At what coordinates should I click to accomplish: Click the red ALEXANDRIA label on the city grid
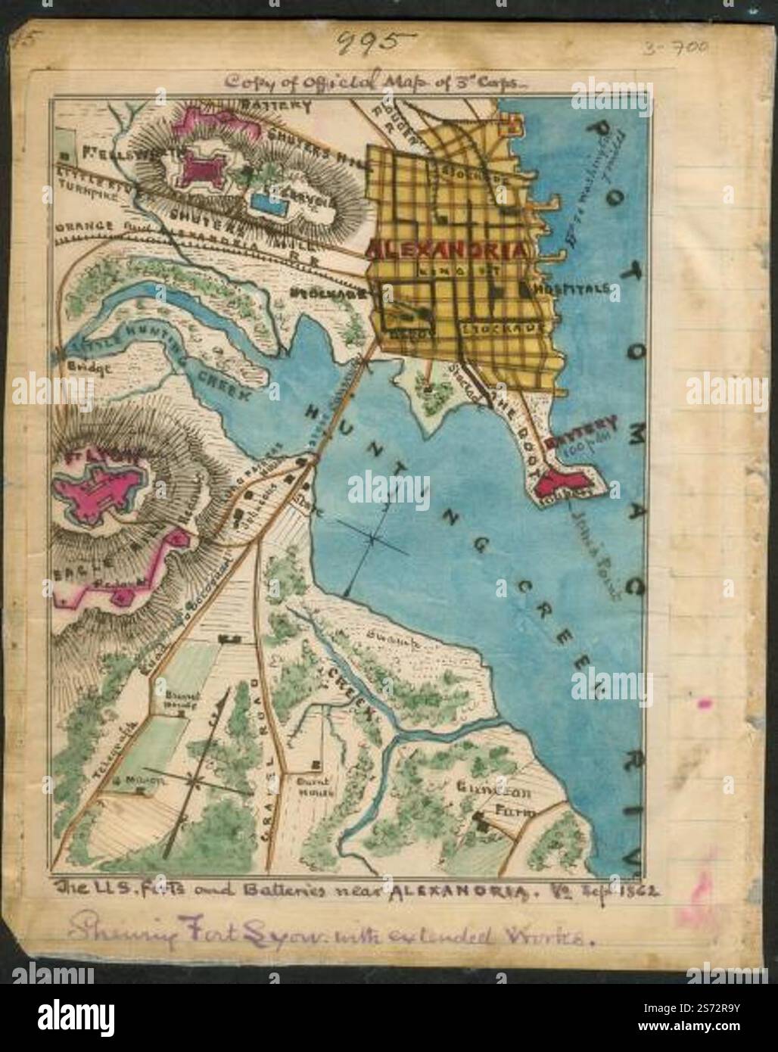447,252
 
